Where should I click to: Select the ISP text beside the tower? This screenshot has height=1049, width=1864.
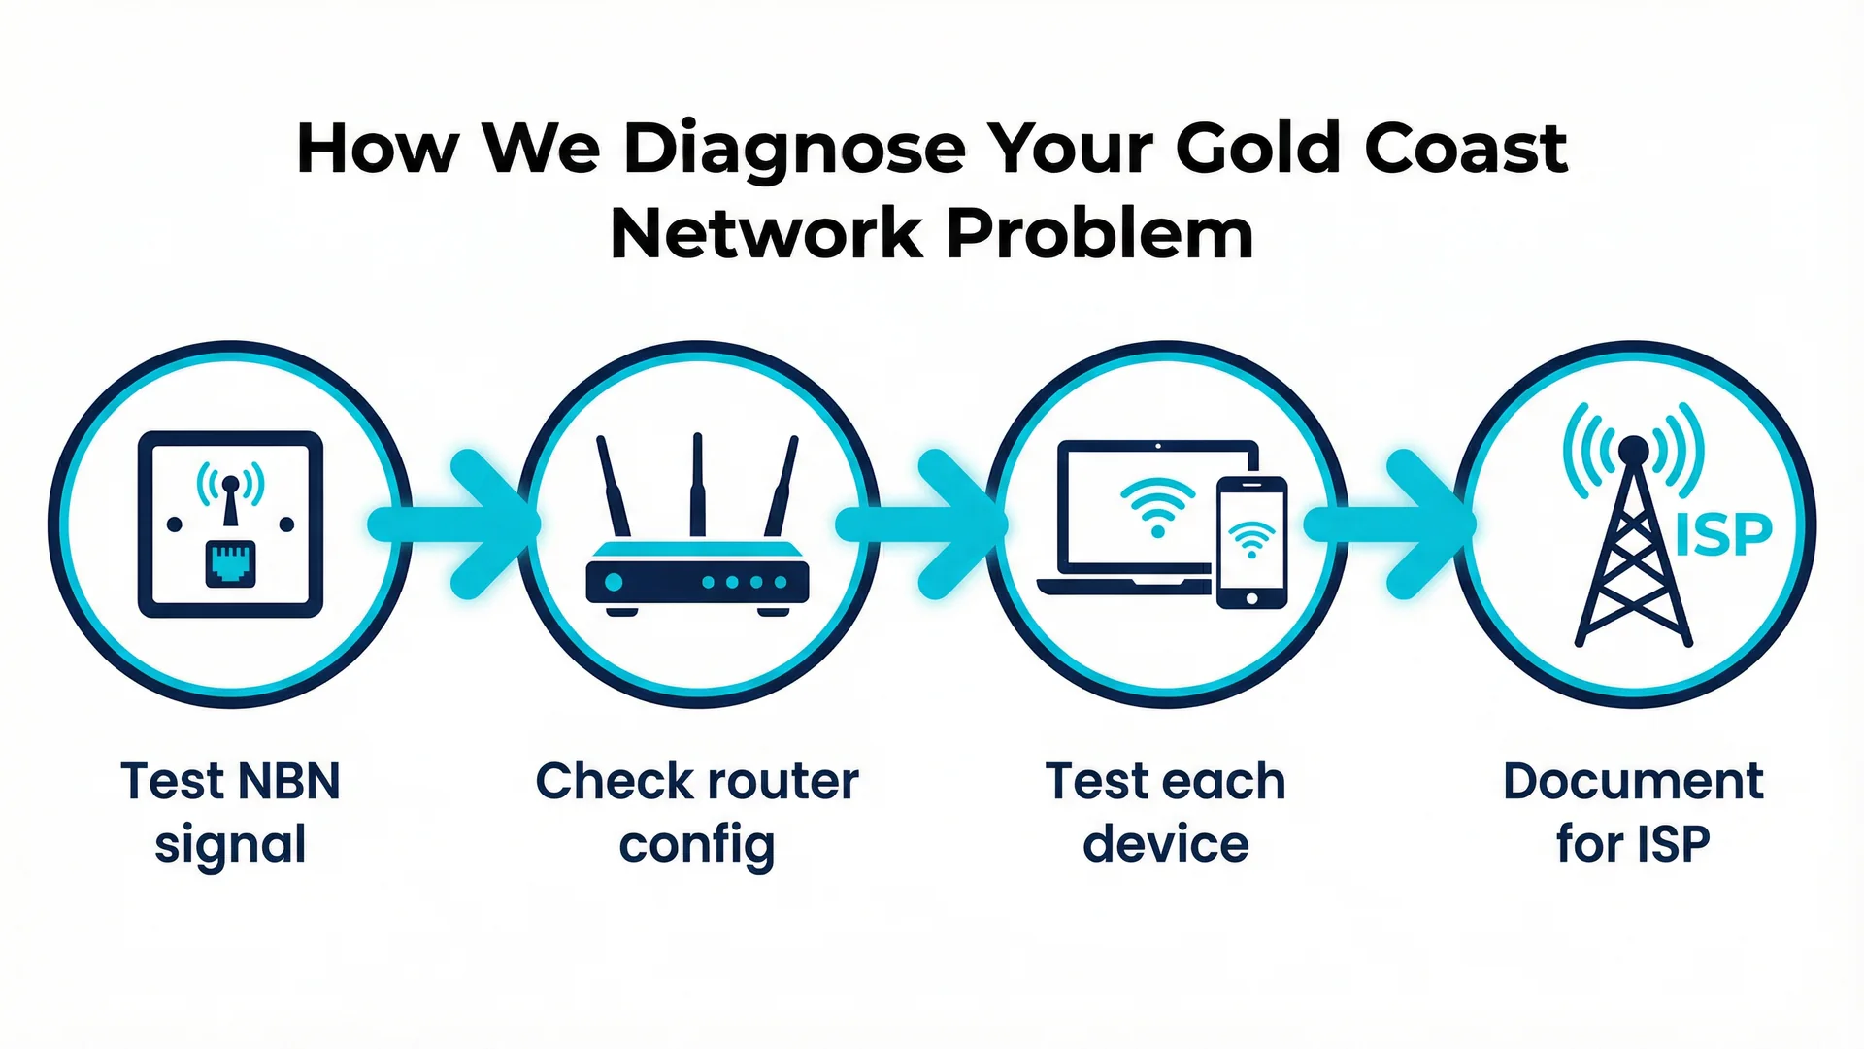coord(1724,534)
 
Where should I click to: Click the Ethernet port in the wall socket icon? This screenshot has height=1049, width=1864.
coord(230,564)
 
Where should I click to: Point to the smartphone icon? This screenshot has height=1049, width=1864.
coord(1251,542)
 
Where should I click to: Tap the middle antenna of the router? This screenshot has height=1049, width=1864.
coord(697,485)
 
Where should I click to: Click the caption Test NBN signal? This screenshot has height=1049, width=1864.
coord(230,812)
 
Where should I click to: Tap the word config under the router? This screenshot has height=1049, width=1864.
coord(697,845)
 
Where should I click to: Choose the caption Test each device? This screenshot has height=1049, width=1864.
coord(1165,812)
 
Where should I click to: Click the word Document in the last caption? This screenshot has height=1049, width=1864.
coord(1632,781)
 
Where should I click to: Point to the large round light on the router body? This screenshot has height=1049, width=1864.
coord(614,583)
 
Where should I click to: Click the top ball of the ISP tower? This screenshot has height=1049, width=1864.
coord(1633,450)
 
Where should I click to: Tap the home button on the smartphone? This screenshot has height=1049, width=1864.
coord(1251,598)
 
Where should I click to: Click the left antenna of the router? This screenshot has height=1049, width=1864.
coord(614,486)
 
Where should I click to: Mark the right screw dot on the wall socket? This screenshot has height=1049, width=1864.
coord(286,524)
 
